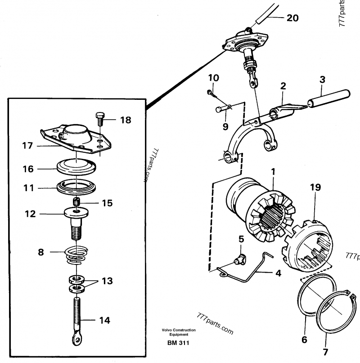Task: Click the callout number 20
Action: point(292,18)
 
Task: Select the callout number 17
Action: point(27,145)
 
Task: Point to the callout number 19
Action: point(315,187)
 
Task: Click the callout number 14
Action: point(104,321)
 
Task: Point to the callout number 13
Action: point(108,282)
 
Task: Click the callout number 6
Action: point(305,340)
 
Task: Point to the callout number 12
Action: point(30,215)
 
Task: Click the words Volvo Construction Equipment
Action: point(179,332)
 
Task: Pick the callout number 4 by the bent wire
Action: point(279,273)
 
